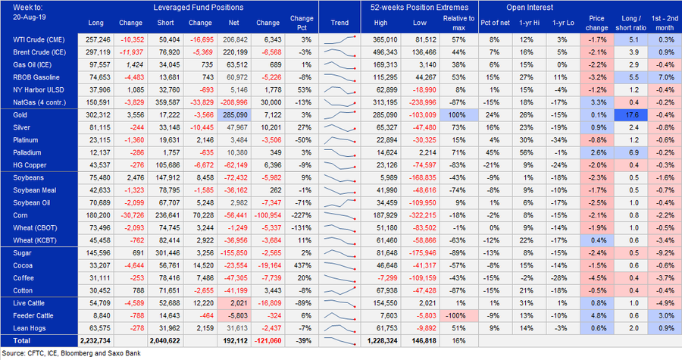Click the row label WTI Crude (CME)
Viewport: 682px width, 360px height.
click(39, 37)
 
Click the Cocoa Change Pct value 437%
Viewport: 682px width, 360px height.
click(302, 266)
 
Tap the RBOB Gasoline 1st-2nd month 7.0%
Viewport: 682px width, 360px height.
click(665, 77)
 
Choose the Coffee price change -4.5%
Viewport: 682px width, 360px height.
click(597, 278)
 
